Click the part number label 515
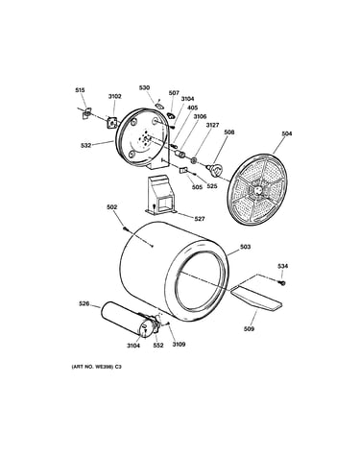click(x=80, y=90)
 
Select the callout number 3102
click(x=114, y=96)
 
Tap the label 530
click(x=144, y=87)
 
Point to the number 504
click(x=287, y=133)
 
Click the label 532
click(x=85, y=145)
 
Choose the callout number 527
click(x=200, y=219)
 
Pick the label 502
click(x=112, y=207)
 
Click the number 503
click(x=245, y=247)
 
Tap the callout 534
click(x=282, y=266)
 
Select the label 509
click(x=249, y=328)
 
